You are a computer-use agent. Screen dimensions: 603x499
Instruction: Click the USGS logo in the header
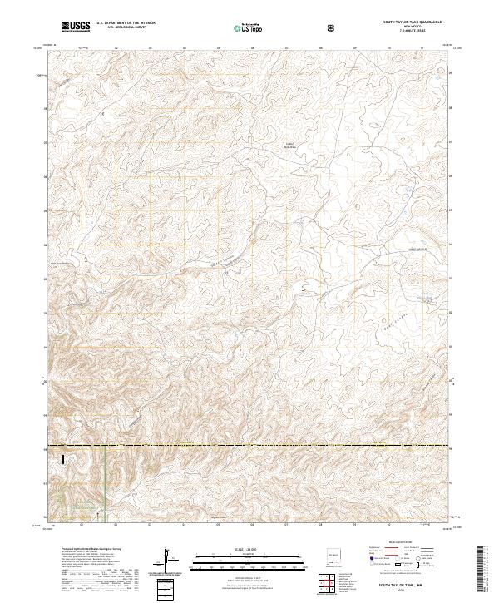point(76,27)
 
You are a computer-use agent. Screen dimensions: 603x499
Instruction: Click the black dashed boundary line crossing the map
point(249,447)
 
